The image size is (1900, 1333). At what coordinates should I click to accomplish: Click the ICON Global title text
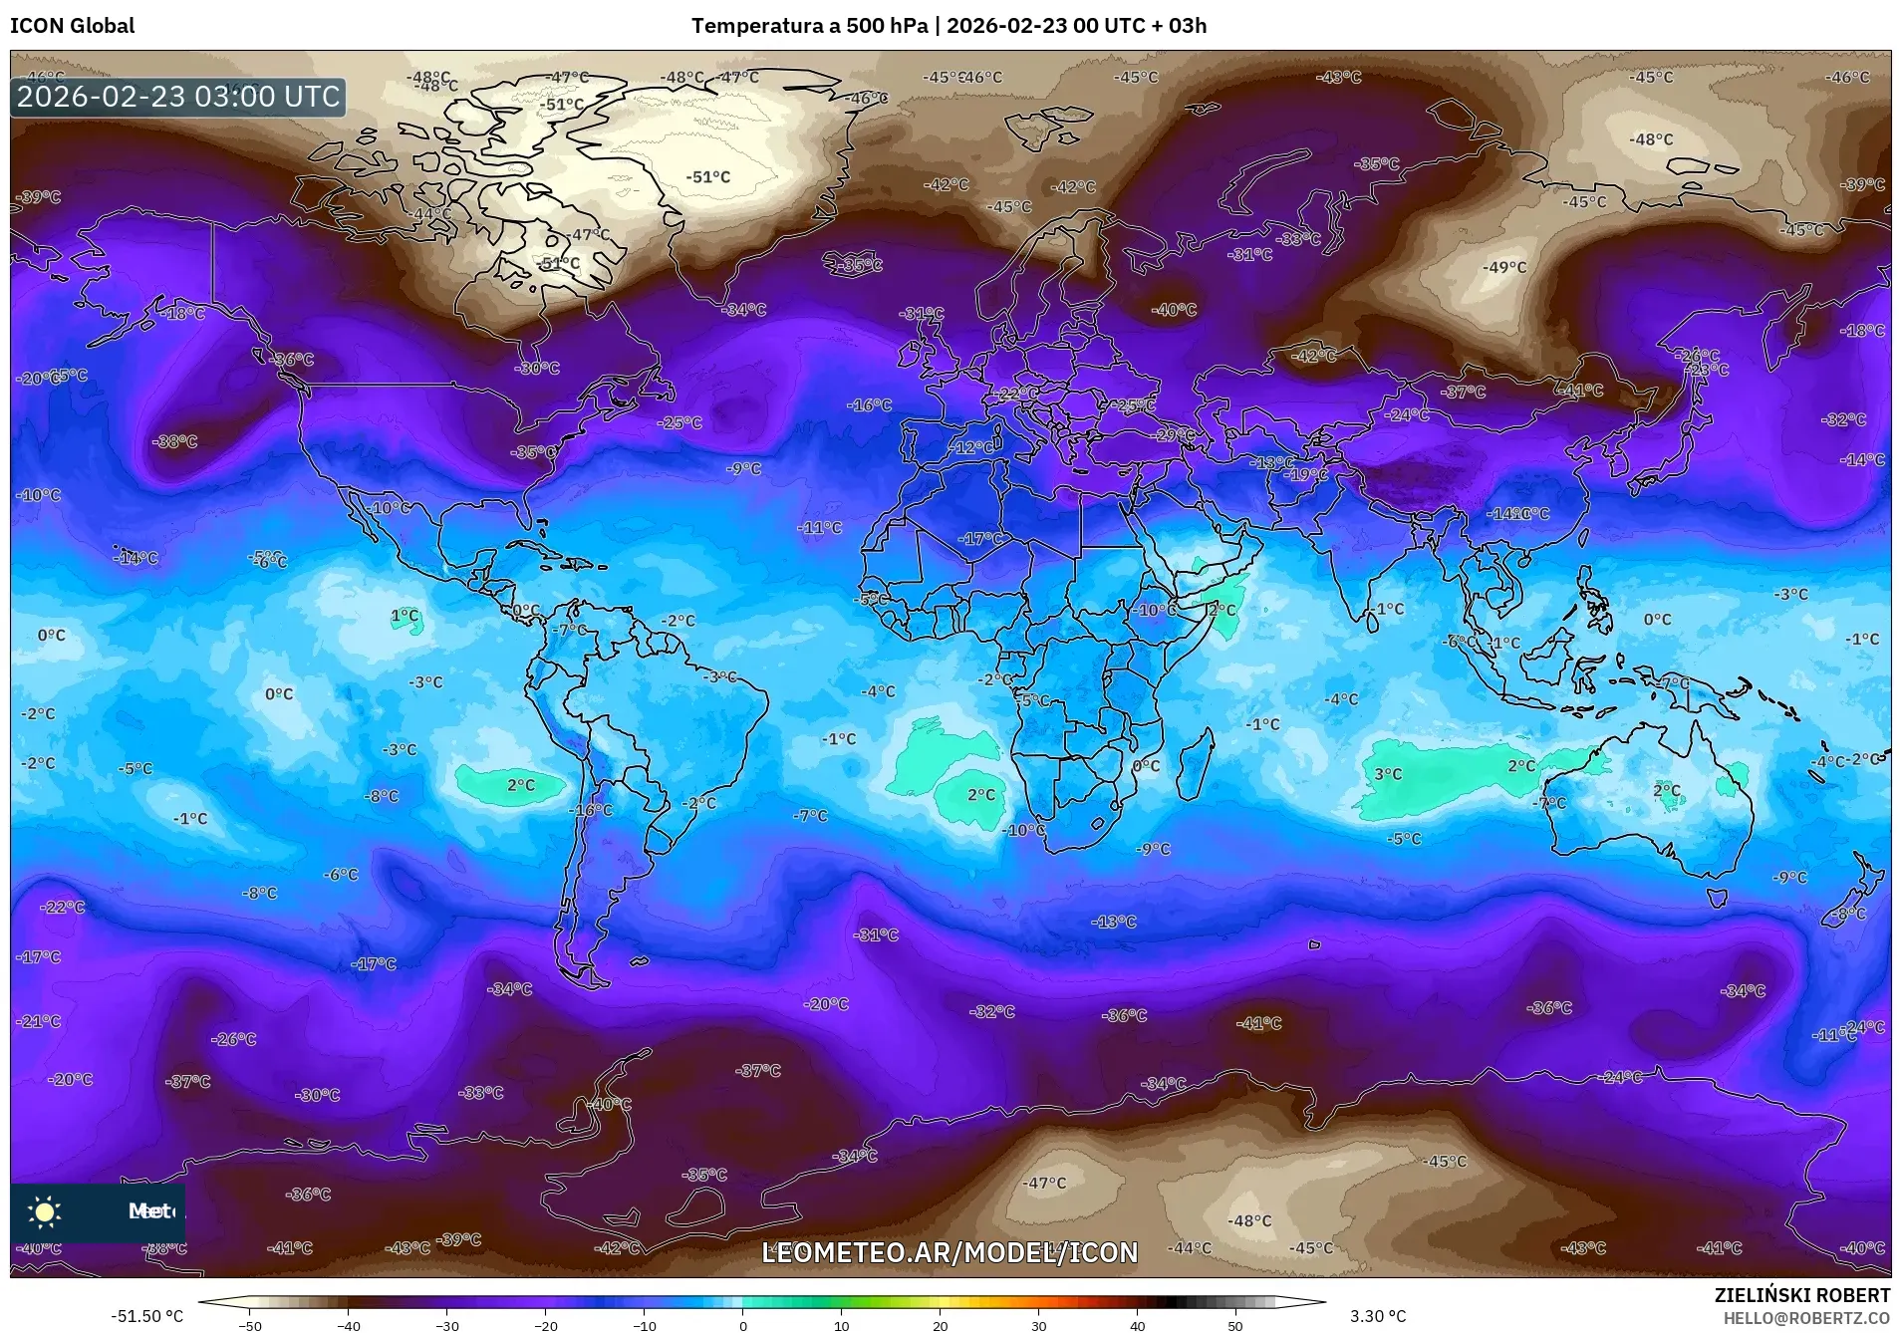pyautogui.click(x=72, y=26)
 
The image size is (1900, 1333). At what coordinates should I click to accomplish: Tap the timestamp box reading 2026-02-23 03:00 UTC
pyautogui.click(x=178, y=97)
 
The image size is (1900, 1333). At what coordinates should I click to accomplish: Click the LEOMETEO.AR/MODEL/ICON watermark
pyautogui.click(x=949, y=1252)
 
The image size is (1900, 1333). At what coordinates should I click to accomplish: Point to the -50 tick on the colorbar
pyautogui.click(x=251, y=1325)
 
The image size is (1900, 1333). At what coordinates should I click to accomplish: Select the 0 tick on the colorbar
pyautogui.click(x=742, y=1325)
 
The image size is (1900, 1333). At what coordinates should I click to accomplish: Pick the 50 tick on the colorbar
pyautogui.click(x=1234, y=1325)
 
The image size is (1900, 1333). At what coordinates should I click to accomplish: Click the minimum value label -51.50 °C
pyautogui.click(x=146, y=1316)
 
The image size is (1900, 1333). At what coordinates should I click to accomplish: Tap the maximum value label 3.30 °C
pyautogui.click(x=1377, y=1316)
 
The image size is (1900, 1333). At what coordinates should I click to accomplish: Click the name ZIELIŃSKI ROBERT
pyautogui.click(x=1801, y=1295)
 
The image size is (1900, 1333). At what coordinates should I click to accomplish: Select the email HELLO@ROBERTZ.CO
pyautogui.click(x=1806, y=1317)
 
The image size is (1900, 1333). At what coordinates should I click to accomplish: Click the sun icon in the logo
pyautogui.click(x=45, y=1211)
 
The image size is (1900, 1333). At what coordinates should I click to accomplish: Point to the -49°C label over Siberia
pyautogui.click(x=1503, y=267)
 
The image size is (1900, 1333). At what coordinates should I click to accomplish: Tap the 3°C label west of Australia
pyautogui.click(x=1388, y=774)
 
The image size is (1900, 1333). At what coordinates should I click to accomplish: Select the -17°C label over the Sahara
pyautogui.click(x=981, y=539)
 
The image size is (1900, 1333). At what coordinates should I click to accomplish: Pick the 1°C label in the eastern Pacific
pyautogui.click(x=405, y=616)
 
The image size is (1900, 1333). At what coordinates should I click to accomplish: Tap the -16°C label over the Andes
pyautogui.click(x=591, y=810)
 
